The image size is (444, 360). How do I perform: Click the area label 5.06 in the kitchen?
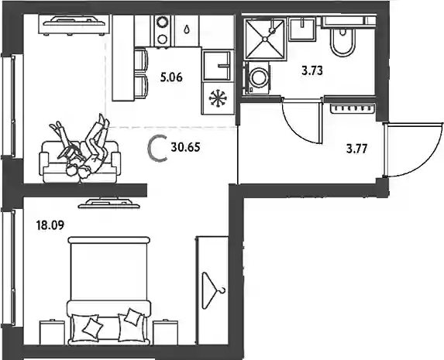(x=171, y=77)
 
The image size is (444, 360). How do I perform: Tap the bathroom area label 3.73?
(x=312, y=70)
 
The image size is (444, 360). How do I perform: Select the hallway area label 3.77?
(x=356, y=149)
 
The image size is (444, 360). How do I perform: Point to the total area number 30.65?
(x=185, y=147)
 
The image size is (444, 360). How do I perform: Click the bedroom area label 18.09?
(x=50, y=225)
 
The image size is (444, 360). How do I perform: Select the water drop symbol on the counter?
(x=187, y=29)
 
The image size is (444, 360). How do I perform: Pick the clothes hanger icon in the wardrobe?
(x=213, y=290)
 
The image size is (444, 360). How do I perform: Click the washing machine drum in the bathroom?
(x=259, y=77)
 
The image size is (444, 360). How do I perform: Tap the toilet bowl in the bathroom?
(x=342, y=42)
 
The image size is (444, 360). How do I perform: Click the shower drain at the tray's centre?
(x=265, y=39)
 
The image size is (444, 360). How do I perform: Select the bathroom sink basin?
(x=303, y=29)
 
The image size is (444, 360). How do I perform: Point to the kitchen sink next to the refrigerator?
(x=218, y=66)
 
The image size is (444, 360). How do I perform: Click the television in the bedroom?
(x=109, y=204)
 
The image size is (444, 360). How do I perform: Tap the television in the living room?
(x=74, y=25)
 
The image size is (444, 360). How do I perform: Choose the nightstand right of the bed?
(x=165, y=332)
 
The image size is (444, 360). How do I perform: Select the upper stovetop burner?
(x=163, y=22)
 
